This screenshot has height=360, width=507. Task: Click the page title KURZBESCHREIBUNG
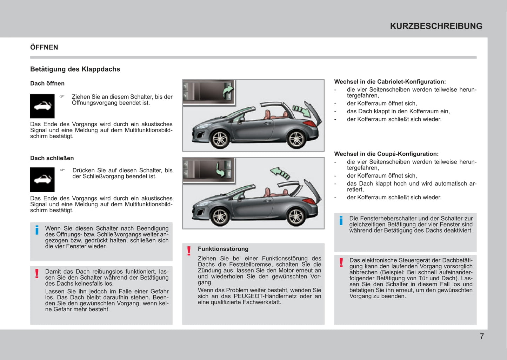tap(436, 26)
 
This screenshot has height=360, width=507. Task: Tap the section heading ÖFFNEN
tap(44, 47)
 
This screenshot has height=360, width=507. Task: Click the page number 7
tap(482, 336)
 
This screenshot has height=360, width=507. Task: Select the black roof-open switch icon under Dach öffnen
tap(42, 106)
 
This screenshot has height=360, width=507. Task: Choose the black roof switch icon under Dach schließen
tap(42, 180)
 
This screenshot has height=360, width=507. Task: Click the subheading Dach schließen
tap(52, 158)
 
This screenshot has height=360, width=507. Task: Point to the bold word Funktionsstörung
tap(223, 249)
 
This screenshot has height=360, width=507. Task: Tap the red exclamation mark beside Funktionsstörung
tap(189, 251)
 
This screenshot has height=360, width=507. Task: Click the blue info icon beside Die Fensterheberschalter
tap(341, 220)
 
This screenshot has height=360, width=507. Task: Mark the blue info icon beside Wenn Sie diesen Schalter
tap(37, 230)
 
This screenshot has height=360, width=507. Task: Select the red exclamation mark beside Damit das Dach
tap(37, 273)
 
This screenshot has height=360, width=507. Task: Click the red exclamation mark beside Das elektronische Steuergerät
tap(341, 262)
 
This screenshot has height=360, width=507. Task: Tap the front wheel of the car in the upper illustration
tap(220, 139)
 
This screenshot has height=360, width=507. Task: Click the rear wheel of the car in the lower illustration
tap(296, 216)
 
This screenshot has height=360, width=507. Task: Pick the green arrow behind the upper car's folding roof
tap(302, 111)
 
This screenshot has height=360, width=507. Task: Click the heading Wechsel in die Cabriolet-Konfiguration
tap(390, 82)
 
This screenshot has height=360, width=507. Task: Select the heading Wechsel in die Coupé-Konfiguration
tap(386, 154)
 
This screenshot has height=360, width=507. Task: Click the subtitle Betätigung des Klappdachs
tap(75, 69)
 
